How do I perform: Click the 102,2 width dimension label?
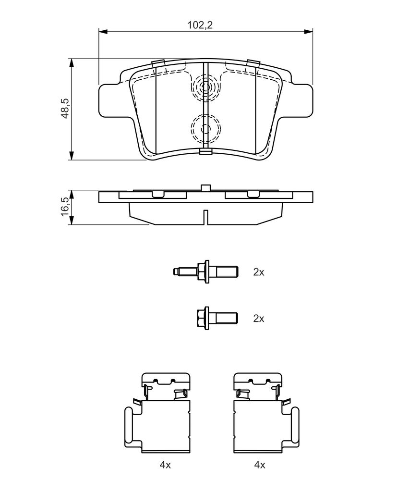[x=200, y=25]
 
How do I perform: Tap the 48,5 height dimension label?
[x=65, y=108]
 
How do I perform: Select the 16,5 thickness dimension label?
[x=65, y=206]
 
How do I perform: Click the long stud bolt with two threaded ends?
[x=206, y=271]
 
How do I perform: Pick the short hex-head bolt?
[x=217, y=318]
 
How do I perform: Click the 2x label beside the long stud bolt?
[x=259, y=272]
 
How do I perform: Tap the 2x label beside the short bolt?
[x=259, y=319]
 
